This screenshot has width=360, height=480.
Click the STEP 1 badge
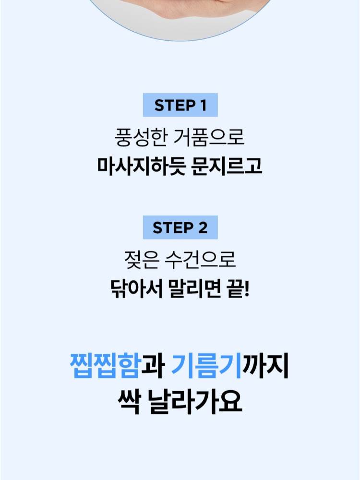click(180, 106)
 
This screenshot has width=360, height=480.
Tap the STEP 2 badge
click(180, 228)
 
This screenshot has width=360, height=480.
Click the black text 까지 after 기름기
click(266, 366)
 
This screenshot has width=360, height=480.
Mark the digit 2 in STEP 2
click(202, 228)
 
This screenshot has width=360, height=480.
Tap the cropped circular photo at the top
click(180, 12)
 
